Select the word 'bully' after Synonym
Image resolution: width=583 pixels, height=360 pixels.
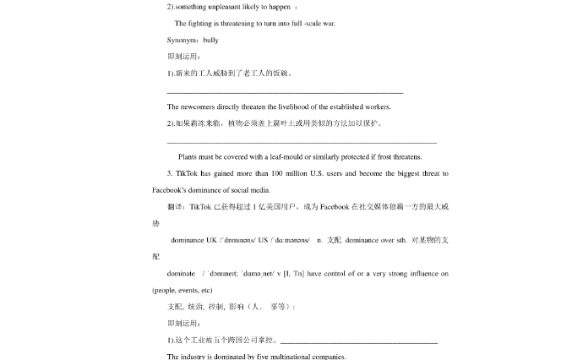pos(211,40)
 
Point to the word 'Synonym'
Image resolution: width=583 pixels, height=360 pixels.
pos(182,40)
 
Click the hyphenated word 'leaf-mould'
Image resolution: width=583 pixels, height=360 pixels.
pos(287,156)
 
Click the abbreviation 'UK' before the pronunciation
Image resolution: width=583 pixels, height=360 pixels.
pos(211,240)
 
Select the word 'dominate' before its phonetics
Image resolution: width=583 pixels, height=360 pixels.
pos(181,274)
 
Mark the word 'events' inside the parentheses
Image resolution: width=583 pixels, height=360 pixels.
pos(190,290)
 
